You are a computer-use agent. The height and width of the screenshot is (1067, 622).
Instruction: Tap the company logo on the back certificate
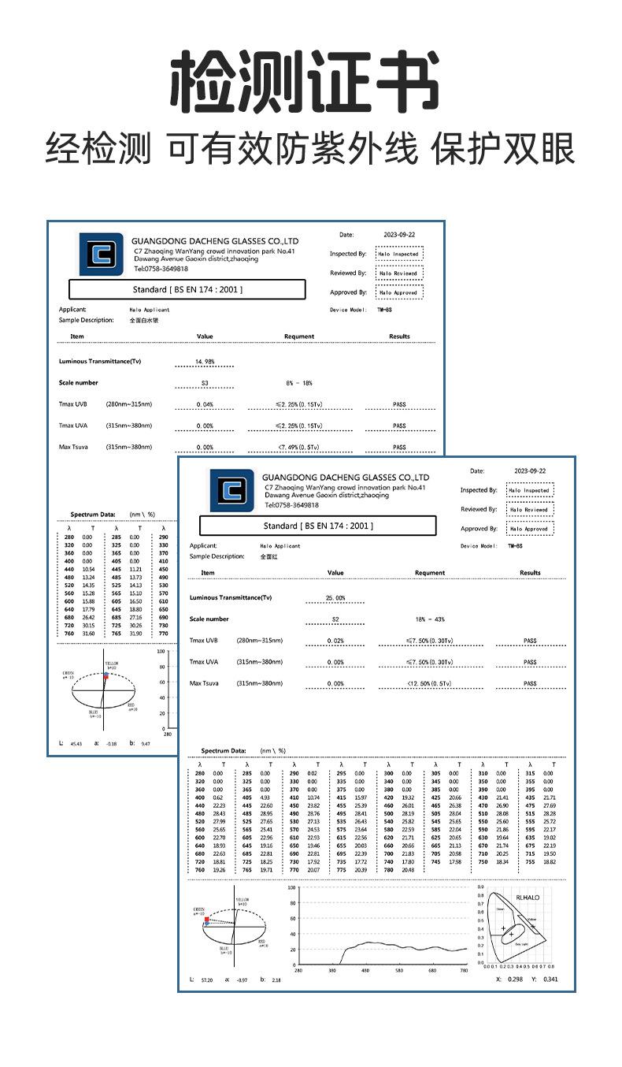102,254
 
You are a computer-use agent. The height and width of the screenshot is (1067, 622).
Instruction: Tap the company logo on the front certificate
231,490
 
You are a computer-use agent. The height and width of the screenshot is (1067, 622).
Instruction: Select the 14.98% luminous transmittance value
205,362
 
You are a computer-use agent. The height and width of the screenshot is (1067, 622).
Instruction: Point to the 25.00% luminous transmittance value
335,598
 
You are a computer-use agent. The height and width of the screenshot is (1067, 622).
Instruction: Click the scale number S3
205,383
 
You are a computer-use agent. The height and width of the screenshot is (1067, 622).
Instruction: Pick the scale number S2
335,619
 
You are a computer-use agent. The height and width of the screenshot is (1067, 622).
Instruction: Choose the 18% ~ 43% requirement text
430,619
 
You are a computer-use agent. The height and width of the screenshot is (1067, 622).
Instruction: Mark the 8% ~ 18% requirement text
299,383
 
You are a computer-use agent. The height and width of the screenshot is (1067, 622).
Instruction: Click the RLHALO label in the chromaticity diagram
528,897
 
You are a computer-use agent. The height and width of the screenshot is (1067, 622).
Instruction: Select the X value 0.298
515,980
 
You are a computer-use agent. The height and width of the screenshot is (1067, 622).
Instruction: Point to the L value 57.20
206,980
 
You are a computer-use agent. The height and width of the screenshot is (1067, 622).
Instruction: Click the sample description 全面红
268,556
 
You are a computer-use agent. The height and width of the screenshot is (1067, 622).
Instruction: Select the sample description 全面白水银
144,321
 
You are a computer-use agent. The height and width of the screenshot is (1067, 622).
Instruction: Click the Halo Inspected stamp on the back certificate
398,254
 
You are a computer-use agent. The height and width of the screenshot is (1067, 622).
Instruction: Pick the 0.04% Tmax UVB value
205,404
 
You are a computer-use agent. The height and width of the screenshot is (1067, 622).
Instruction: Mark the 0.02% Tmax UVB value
335,641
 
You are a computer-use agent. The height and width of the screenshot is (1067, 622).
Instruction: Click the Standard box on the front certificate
317,526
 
